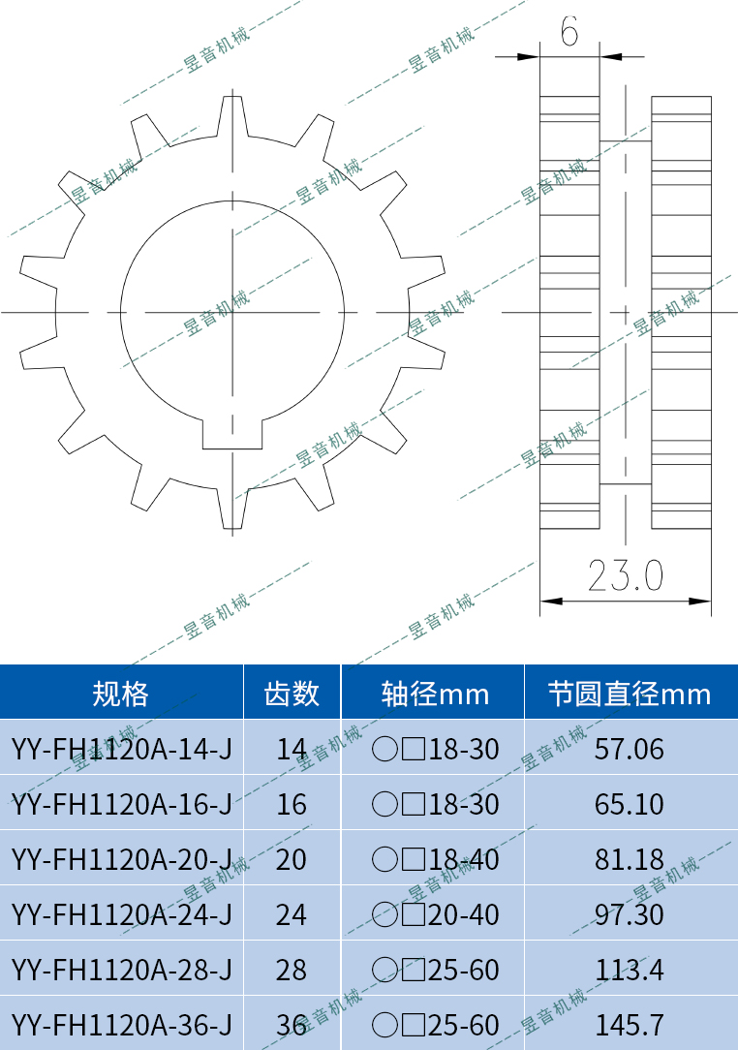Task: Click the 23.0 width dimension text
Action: click(626, 576)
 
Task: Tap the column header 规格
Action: click(121, 694)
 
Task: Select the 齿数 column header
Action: click(292, 694)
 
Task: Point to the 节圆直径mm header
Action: click(630, 694)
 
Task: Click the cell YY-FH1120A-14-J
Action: click(121, 749)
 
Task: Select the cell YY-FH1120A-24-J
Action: click(121, 914)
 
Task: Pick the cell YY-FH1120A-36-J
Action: click(121, 1024)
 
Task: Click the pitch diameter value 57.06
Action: click(630, 749)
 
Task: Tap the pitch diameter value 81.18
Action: click(630, 859)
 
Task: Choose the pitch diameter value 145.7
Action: click(630, 1024)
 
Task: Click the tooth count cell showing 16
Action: click(292, 804)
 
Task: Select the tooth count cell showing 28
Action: click(292, 970)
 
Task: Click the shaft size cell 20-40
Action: click(436, 914)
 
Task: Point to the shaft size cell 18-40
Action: click(436, 859)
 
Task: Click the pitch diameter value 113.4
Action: click(630, 970)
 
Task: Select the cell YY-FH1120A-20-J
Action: click(121, 859)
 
